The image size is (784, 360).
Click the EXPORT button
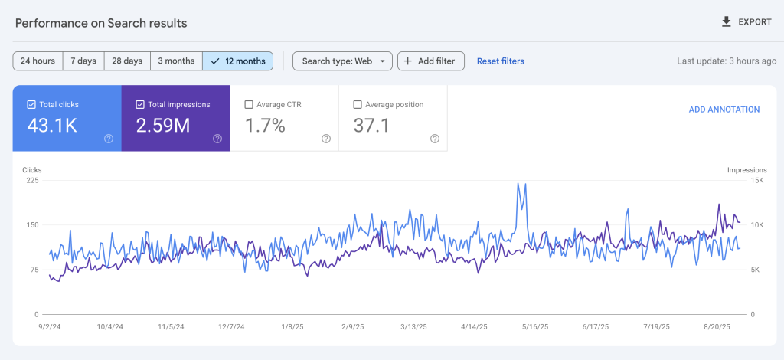746,22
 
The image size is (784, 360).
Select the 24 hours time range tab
38,61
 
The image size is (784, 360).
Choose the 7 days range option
83,61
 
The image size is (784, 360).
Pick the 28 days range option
127,61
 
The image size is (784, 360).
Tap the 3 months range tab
176,61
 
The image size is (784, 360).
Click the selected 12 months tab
238,61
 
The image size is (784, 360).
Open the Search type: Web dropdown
342,61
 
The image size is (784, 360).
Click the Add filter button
430,61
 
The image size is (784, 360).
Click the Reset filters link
500,61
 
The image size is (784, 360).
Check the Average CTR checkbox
248,105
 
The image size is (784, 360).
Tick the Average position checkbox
358,105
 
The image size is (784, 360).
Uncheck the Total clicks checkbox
31,105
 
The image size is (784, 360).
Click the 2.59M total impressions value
163,126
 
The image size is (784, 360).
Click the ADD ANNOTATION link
724,110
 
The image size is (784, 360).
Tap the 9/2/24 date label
50,326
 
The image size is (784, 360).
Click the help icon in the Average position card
434,139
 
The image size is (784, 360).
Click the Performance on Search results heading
101,23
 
